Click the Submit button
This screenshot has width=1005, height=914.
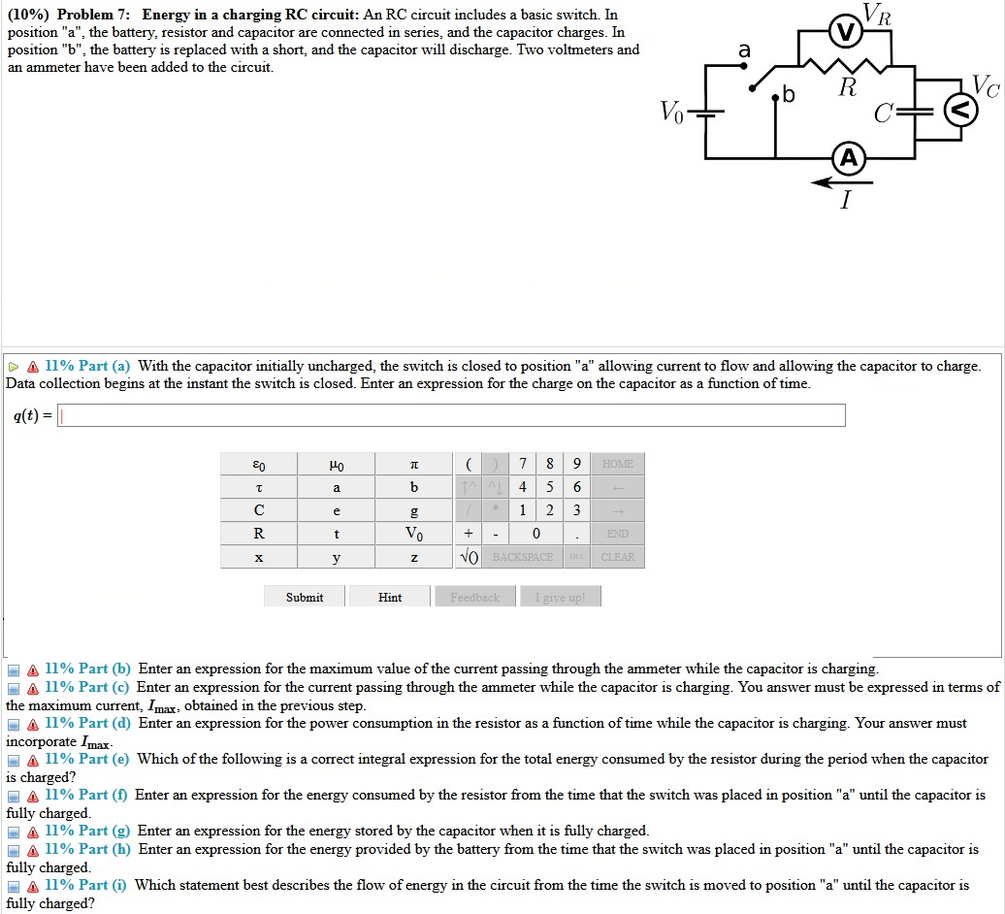[305, 597]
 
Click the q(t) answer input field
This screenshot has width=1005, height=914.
[452, 416]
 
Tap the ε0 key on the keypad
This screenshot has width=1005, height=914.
[259, 464]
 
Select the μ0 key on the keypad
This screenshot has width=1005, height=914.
[336, 464]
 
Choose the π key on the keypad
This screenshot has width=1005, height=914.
[414, 464]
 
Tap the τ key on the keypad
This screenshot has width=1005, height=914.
[259, 487]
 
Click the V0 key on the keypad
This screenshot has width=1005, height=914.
[414, 534]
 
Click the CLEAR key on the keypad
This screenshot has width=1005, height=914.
[617, 557]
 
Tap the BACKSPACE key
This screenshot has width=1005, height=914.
[523, 557]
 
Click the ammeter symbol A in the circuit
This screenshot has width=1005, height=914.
[848, 158]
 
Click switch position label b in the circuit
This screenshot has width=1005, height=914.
[788, 95]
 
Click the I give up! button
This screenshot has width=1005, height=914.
[561, 597]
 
